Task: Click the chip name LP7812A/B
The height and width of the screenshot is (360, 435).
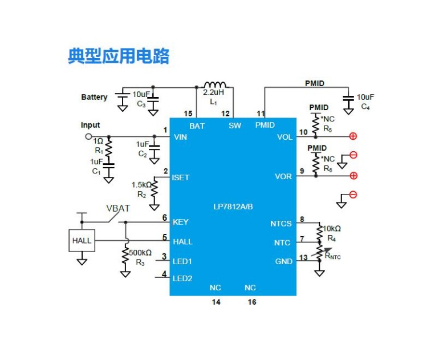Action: click(233, 207)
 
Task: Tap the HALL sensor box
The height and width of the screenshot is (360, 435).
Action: click(82, 240)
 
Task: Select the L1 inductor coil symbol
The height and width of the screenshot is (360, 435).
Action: click(215, 84)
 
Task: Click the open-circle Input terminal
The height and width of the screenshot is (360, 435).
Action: click(88, 136)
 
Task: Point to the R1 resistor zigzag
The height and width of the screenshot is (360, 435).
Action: click(108, 147)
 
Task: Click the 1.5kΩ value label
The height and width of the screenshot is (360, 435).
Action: click(141, 185)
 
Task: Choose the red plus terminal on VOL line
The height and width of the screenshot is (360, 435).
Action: click(353, 136)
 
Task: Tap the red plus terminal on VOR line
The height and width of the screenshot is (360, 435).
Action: click(353, 176)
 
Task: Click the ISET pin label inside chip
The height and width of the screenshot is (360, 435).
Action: click(180, 177)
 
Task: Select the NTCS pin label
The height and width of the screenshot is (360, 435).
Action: click(281, 224)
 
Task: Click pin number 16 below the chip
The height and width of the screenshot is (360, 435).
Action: click(252, 302)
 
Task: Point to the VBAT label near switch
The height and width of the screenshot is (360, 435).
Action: click(118, 208)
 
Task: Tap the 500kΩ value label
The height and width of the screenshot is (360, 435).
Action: click(140, 253)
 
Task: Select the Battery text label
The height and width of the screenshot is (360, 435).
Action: click(94, 97)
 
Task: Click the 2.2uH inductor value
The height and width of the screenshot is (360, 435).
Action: click(213, 92)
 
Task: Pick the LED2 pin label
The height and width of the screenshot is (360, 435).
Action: click(182, 278)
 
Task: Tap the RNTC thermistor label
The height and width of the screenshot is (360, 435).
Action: click(332, 256)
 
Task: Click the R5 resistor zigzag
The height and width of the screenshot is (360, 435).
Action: click(315, 125)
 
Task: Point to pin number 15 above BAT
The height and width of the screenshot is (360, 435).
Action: click(188, 114)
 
